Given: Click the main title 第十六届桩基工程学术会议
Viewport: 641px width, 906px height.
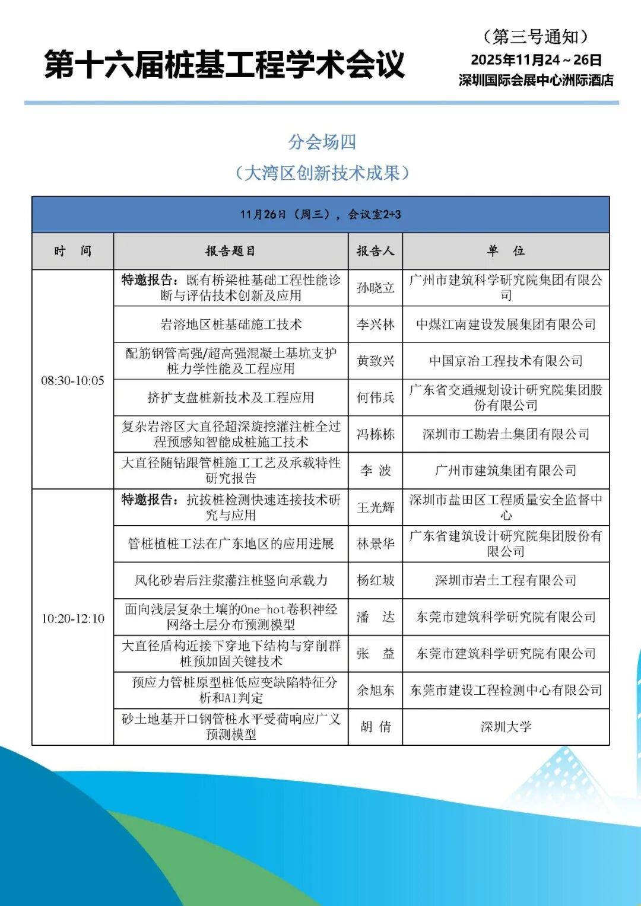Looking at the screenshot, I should coord(224,65).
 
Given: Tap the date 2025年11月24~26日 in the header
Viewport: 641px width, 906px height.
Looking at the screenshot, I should coord(536,60).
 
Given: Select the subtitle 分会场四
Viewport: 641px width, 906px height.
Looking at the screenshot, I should coord(322,142).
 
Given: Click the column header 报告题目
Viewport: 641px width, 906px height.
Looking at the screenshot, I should coord(230,251).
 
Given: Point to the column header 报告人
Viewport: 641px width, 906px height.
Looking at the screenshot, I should coord(375,251).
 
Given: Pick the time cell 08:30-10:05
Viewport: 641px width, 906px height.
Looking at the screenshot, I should coord(72,380).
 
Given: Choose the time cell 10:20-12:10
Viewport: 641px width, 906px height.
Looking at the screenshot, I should coord(72,618).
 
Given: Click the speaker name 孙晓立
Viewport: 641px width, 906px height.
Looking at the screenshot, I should coord(375,288).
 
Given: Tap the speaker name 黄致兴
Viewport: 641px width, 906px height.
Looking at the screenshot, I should coord(375,361).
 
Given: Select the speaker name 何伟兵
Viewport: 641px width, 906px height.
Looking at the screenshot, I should coord(375,398).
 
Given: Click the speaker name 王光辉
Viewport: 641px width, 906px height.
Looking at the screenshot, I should coord(375,507).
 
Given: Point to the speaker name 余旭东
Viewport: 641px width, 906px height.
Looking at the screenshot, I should coord(375,690).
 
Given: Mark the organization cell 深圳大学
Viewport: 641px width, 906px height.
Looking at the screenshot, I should coord(506,727).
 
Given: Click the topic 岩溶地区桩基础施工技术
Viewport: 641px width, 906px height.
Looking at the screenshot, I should coord(230,325).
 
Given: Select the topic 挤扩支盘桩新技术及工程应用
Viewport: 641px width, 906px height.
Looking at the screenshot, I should coord(230,398).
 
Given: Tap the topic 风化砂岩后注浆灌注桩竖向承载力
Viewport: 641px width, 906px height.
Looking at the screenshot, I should coord(230,580).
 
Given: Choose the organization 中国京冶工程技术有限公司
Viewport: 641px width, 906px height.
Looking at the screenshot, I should coord(506,361).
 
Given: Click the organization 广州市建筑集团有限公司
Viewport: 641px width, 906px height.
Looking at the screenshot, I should coord(506,471).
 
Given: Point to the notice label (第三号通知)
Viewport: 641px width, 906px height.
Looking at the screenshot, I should coord(535,37).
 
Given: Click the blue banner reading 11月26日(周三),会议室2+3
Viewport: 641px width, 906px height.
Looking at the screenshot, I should coord(320,214).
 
